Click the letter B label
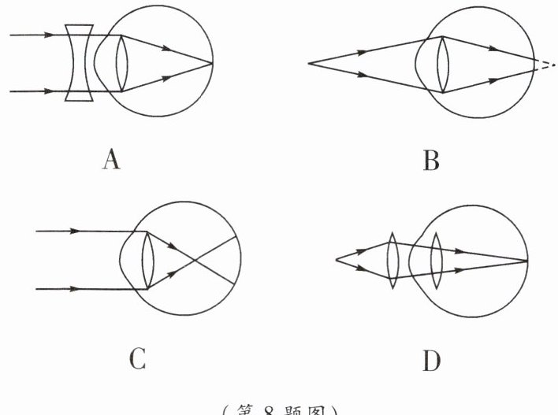pos(431,161)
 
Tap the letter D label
pos(431,361)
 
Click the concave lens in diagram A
pos(79,63)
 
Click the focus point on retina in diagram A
pos(212,62)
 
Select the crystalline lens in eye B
pos(442,64)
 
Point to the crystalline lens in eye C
pos(148,260)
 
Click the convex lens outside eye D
pos(392,259)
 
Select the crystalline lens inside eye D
pos(436,260)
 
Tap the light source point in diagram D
pos(337,259)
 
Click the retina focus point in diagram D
pos(526,259)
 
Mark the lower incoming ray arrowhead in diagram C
pos(76,289)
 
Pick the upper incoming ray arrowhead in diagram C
pos(76,232)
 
